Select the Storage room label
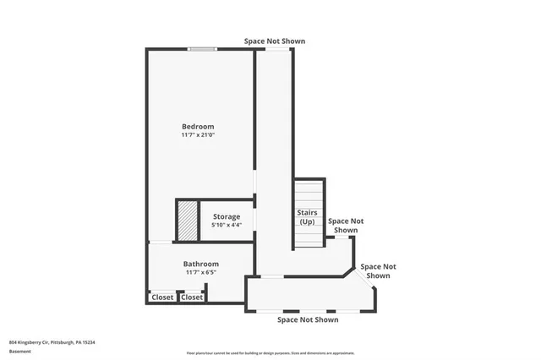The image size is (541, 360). [x=227, y=216]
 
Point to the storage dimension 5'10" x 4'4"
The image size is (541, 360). [x=227, y=225]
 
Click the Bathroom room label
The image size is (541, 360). [x=201, y=264]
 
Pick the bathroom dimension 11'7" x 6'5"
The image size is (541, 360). [x=201, y=272]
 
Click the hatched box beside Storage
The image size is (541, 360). [x=187, y=221]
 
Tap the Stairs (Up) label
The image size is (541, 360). [x=307, y=216]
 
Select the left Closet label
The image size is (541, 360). [x=162, y=297]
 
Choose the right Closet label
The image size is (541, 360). [x=192, y=297]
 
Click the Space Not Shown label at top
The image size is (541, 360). [x=275, y=41]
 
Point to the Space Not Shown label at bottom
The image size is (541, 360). [x=308, y=319]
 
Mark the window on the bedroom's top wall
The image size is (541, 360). [x=200, y=49]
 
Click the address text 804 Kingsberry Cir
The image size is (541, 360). [x=52, y=342]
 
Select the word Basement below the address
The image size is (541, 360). [x=20, y=351]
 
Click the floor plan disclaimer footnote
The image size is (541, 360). [x=270, y=353]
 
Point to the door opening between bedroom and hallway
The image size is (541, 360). [x=254, y=185]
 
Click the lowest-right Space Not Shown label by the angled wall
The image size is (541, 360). [x=378, y=271]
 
